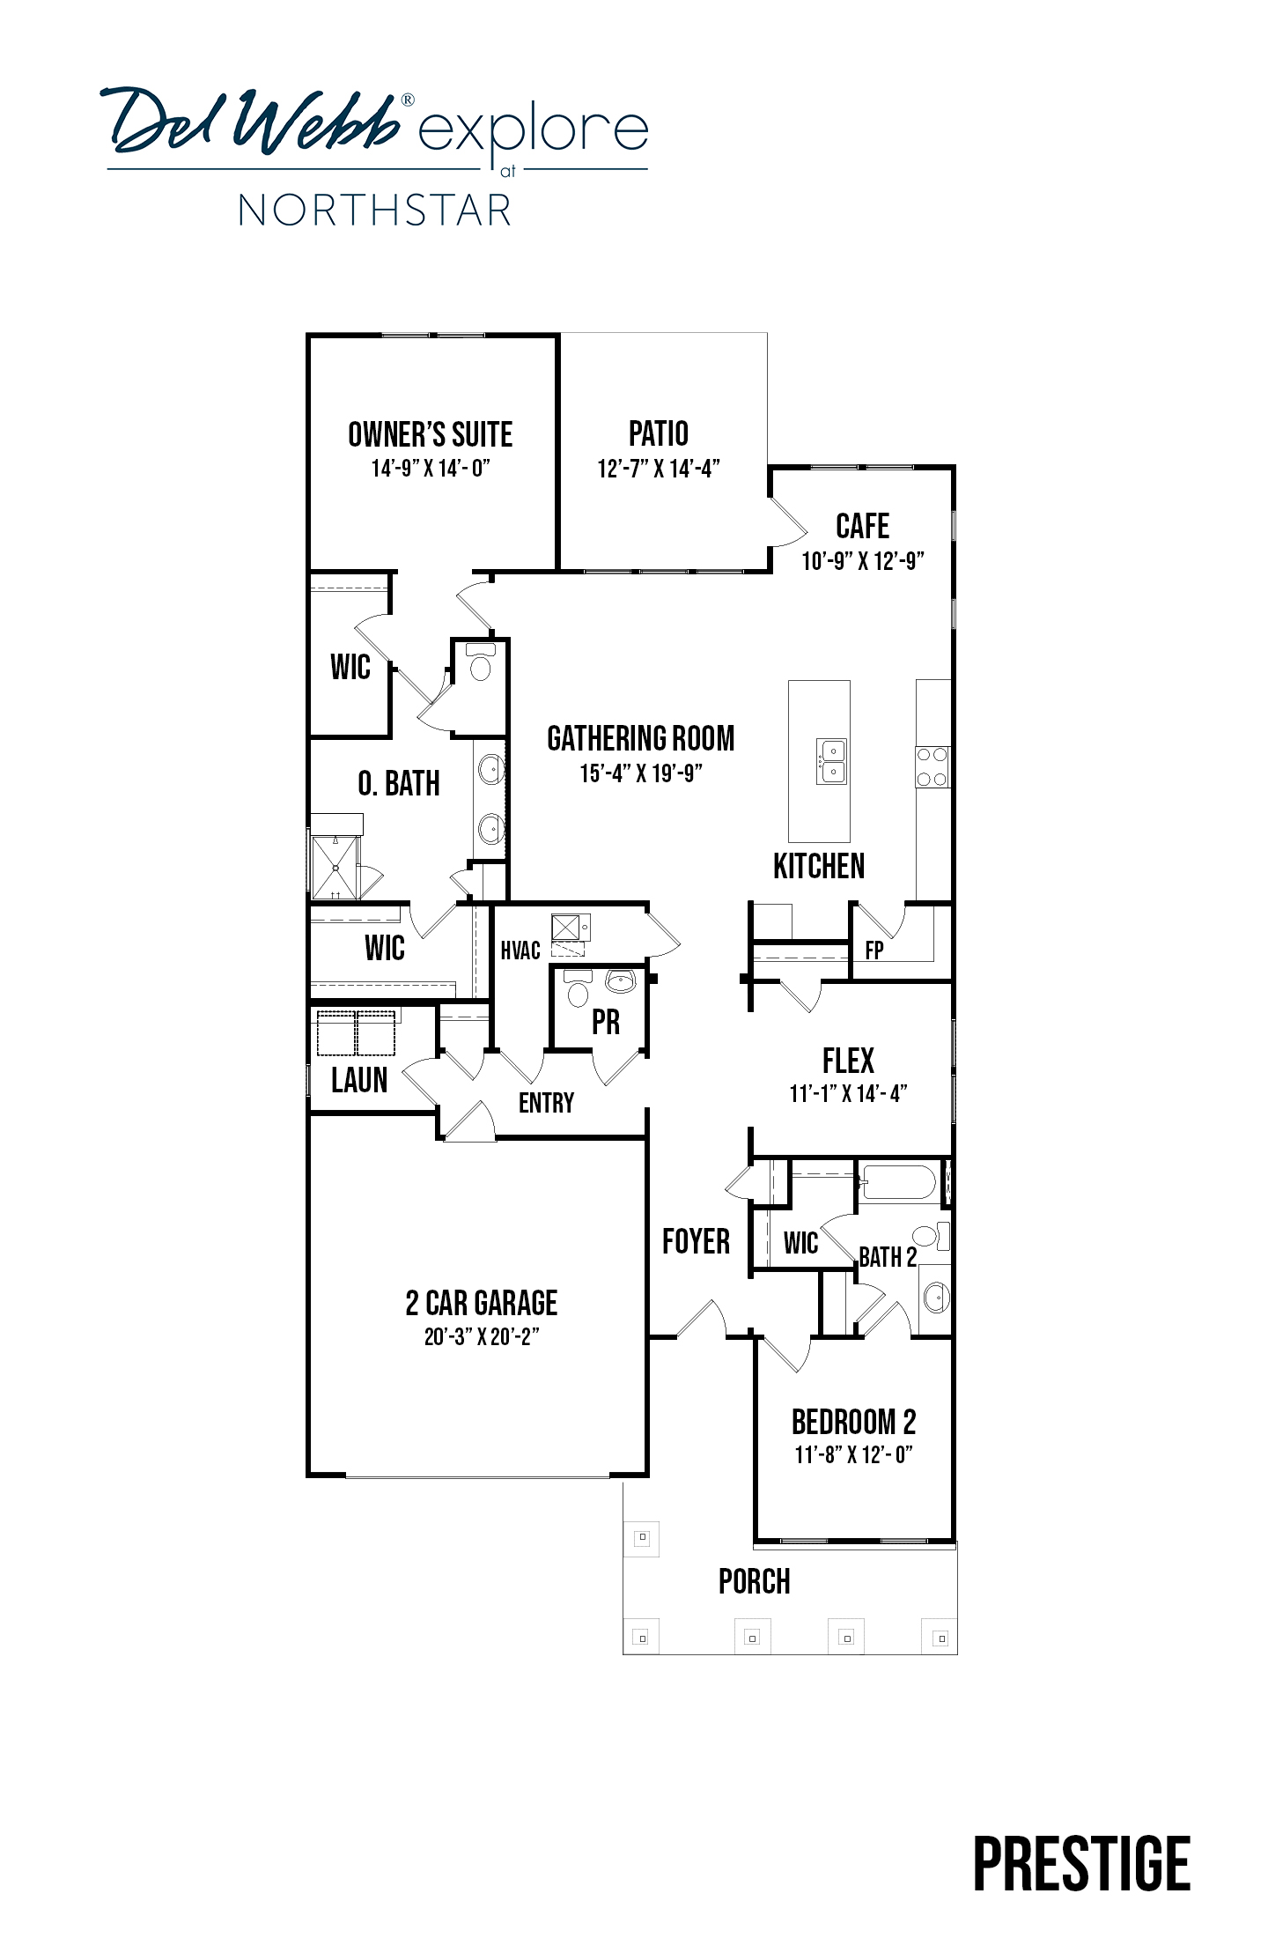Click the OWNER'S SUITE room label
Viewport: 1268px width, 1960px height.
pos(430,434)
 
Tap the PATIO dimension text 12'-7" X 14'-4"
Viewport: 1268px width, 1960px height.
pos(659,469)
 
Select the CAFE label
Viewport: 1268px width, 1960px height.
pos(862,526)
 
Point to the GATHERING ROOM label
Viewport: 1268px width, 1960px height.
pos(640,738)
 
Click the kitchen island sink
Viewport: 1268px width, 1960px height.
pos(831,761)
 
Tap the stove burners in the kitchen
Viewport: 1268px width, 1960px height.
pos(933,766)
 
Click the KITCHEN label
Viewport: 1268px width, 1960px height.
pos(819,866)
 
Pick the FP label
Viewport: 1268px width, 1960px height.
pos(874,950)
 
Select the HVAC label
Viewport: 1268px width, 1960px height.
pos(520,950)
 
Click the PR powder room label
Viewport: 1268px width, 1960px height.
pos(606,1022)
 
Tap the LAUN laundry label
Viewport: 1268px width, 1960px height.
pos(359,1079)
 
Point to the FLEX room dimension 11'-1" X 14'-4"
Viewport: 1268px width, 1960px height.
pos(848,1093)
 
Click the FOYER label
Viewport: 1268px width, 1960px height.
pos(696,1241)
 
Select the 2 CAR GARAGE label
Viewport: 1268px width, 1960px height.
pos(482,1303)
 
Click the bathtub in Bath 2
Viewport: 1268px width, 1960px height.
pos(898,1183)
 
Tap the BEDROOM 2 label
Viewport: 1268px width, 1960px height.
pos(853,1422)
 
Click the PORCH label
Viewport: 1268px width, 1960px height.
pos(755,1581)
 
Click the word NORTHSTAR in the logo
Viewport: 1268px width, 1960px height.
pos(375,211)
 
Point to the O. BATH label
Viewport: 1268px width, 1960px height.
pos(399,783)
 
